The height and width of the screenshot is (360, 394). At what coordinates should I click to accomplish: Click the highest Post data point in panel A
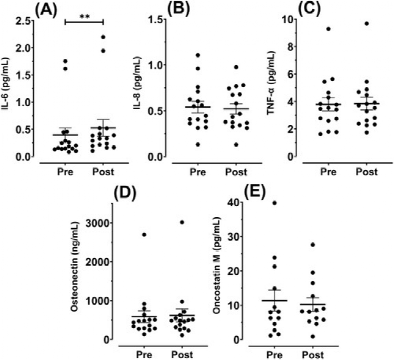(103, 38)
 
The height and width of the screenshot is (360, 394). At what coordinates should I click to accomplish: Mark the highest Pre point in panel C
(328, 29)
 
